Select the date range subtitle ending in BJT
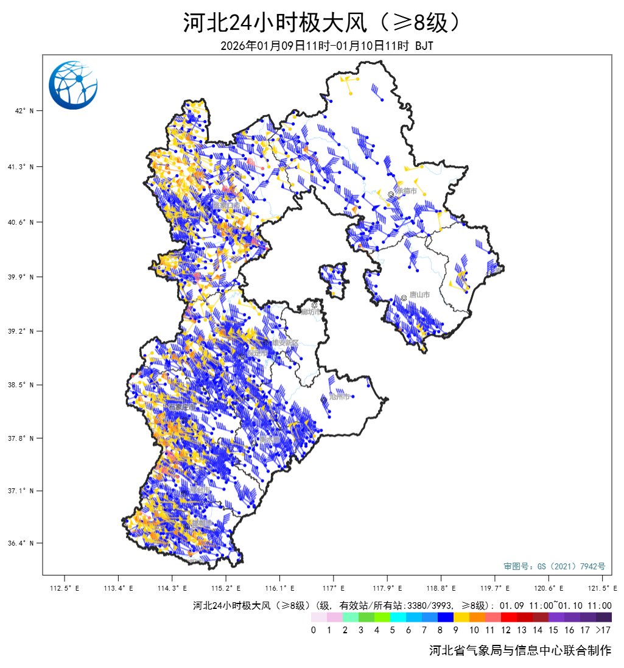[326, 46]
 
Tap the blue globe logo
[73, 85]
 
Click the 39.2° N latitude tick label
[28, 331]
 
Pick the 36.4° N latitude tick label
[28, 543]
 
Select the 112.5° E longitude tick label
[64, 588]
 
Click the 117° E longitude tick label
[334, 588]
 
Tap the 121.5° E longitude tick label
[604, 588]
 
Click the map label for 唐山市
[419, 295]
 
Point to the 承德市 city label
[406, 191]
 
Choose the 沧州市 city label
[339, 396]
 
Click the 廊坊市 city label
[314, 312]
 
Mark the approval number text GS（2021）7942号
[555, 566]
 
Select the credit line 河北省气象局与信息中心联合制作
[520, 650]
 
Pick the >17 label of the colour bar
[603, 630]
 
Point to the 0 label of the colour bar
[313, 630]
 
